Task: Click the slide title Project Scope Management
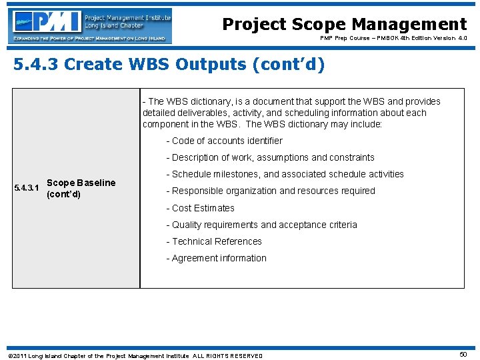(344, 25)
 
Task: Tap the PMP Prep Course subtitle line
(393, 39)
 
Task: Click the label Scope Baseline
(81, 183)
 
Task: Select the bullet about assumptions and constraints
(270, 157)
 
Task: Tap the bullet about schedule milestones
(285, 174)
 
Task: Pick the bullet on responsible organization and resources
(271, 191)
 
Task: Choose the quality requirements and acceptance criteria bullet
(261, 225)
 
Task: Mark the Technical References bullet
(214, 241)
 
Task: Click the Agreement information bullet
(216, 258)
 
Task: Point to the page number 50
(463, 355)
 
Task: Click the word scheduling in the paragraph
(307, 113)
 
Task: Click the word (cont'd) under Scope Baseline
(63, 194)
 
